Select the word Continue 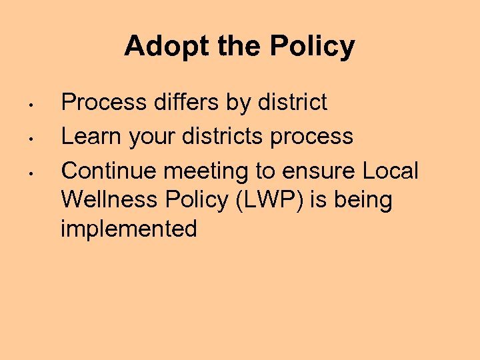[x=109, y=171]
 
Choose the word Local [x=390, y=171]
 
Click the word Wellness [x=109, y=199]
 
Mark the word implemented [x=129, y=229]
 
